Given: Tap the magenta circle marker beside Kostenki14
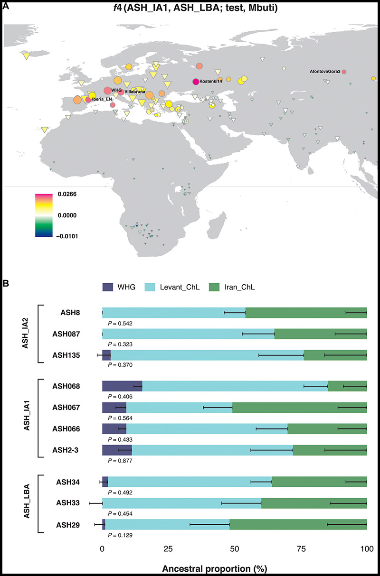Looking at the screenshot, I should pos(196,82).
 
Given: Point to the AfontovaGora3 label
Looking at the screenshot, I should pos(325,71).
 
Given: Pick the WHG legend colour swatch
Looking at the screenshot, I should pos(109,287).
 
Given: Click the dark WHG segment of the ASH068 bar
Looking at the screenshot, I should pos(122,387).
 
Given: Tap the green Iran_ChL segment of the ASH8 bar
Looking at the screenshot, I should pos(306,313).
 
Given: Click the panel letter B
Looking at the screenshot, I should pos(6,284).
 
